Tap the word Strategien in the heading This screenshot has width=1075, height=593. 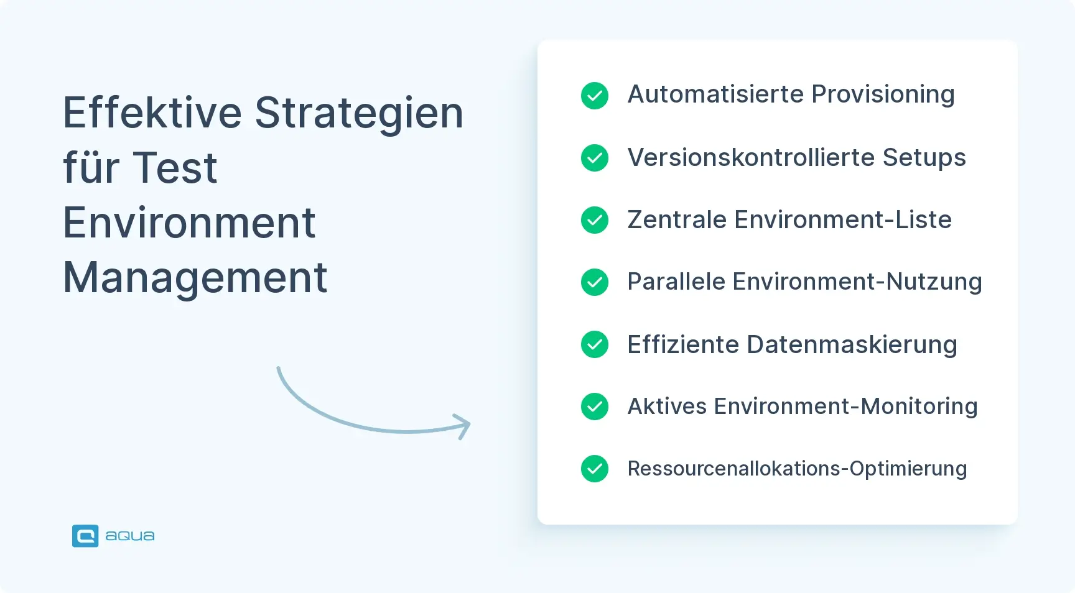coord(359,113)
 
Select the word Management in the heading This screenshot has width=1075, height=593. coord(195,277)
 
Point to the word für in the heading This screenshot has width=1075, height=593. coord(91,168)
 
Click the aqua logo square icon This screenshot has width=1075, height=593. coord(85,536)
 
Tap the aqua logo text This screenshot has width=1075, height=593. coord(130,536)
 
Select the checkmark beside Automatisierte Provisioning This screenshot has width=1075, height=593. coord(595,96)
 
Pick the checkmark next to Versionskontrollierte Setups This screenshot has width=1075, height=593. coord(595,158)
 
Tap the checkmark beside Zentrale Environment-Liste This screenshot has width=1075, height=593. coord(595,220)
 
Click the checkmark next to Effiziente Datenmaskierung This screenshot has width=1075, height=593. coord(595,344)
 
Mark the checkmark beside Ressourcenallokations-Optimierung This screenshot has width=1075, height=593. coord(595,469)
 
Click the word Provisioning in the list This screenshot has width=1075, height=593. coord(883,94)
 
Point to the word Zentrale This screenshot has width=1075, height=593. coord(677,220)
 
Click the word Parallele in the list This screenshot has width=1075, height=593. coord(676,282)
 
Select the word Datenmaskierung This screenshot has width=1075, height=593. coord(852,344)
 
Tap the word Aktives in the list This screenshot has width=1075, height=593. coord(667,407)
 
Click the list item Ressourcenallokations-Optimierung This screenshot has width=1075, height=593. coord(797,469)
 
